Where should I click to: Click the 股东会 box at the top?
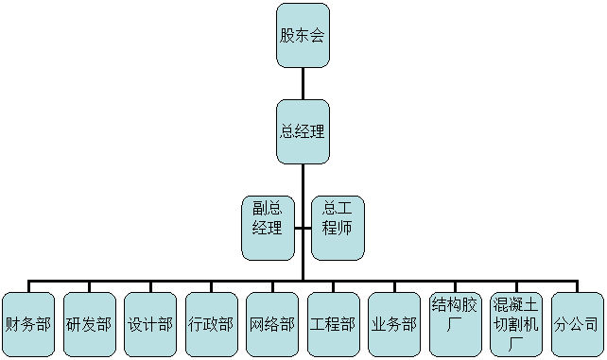[x=303, y=36]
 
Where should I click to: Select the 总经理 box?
[x=303, y=131]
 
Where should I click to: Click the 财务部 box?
[x=28, y=324]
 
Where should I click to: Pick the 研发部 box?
[x=89, y=324]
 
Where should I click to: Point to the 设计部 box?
[x=149, y=324]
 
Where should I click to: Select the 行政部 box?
[x=210, y=324]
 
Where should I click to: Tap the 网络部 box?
[x=271, y=324]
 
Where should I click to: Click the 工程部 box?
[x=332, y=324]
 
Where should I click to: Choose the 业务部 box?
[x=393, y=324]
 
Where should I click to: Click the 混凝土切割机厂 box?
[x=516, y=323]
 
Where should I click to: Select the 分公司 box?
[x=577, y=324]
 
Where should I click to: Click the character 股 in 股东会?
[x=287, y=36]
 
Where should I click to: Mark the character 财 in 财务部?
[x=13, y=324]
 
